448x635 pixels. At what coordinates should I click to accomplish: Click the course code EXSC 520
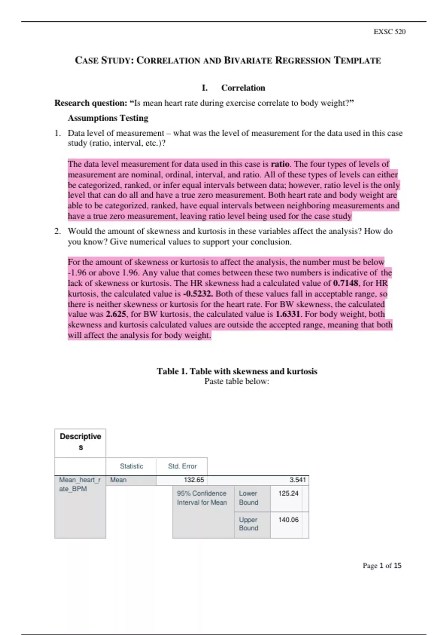389,32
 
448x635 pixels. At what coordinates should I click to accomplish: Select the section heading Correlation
243,88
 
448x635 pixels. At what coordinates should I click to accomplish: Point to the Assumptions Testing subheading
108,118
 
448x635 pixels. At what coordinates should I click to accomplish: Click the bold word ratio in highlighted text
280,164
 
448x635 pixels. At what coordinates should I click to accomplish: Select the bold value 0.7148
345,283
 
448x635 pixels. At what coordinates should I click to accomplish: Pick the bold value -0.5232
198,294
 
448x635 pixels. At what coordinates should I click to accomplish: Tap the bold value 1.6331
287,314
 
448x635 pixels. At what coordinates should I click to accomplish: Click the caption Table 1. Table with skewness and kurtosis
237,371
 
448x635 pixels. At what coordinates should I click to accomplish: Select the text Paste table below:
237,381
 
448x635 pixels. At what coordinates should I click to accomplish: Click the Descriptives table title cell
80,442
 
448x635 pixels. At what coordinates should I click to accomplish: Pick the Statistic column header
131,466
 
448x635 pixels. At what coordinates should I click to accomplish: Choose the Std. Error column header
182,466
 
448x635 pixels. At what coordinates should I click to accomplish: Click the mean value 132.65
194,480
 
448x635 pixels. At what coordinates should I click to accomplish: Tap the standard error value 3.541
298,480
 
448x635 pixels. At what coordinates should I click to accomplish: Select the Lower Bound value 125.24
288,493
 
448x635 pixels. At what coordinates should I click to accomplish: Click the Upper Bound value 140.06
288,520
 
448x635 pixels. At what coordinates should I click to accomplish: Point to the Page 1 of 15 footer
382,566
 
